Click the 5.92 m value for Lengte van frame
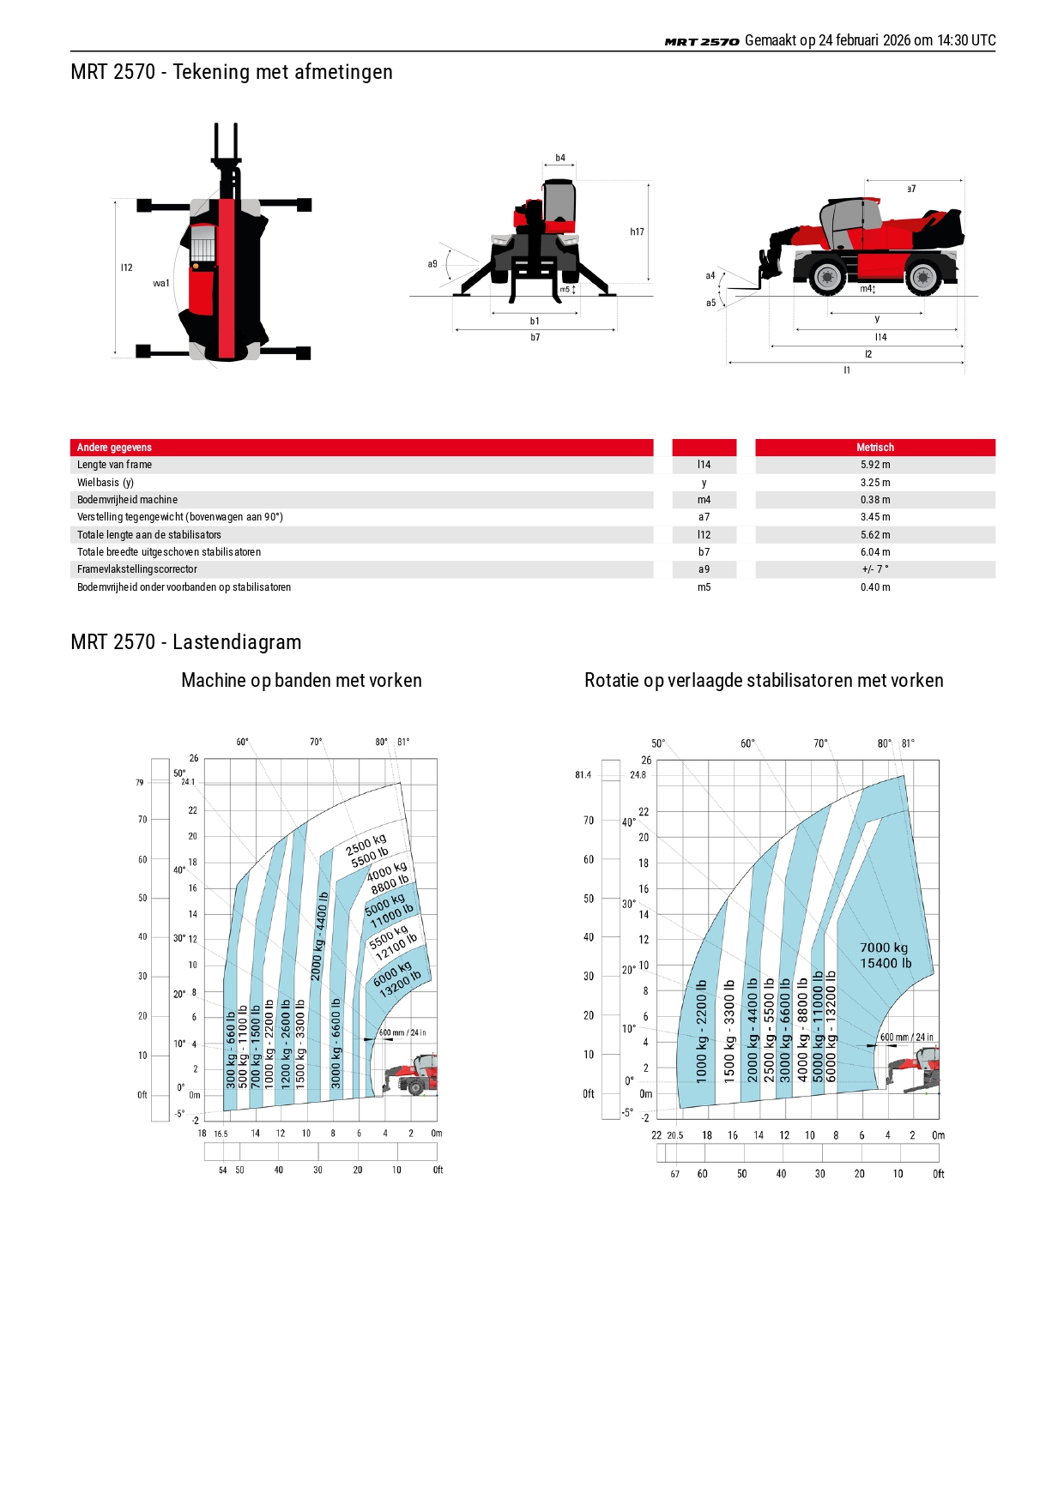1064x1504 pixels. click(875, 465)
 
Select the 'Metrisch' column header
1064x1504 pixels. click(875, 448)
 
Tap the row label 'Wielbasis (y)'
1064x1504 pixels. click(106, 483)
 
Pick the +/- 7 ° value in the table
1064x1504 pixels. click(875, 569)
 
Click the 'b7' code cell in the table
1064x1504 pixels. click(704, 552)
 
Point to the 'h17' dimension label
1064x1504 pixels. click(637, 232)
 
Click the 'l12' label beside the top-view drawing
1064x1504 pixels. click(127, 268)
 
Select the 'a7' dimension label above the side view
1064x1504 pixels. click(911, 189)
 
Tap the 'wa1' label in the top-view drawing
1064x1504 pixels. click(161, 283)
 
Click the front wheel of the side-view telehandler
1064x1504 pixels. click(827, 277)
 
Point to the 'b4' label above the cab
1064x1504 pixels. click(560, 158)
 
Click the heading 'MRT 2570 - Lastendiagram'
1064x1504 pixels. click(186, 642)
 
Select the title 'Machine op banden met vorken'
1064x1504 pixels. click(302, 681)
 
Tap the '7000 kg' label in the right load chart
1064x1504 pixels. click(884, 948)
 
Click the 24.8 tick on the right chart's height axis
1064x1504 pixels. click(638, 775)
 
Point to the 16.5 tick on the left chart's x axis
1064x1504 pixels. click(221, 1134)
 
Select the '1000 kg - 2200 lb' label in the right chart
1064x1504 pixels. click(702, 1032)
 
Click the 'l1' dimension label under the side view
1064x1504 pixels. click(847, 370)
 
